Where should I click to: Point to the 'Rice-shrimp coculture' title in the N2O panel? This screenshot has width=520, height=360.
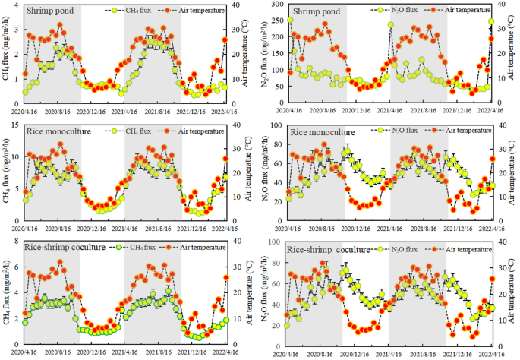tap(332, 250)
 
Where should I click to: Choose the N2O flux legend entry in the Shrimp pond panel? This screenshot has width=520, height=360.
tap(400, 11)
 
